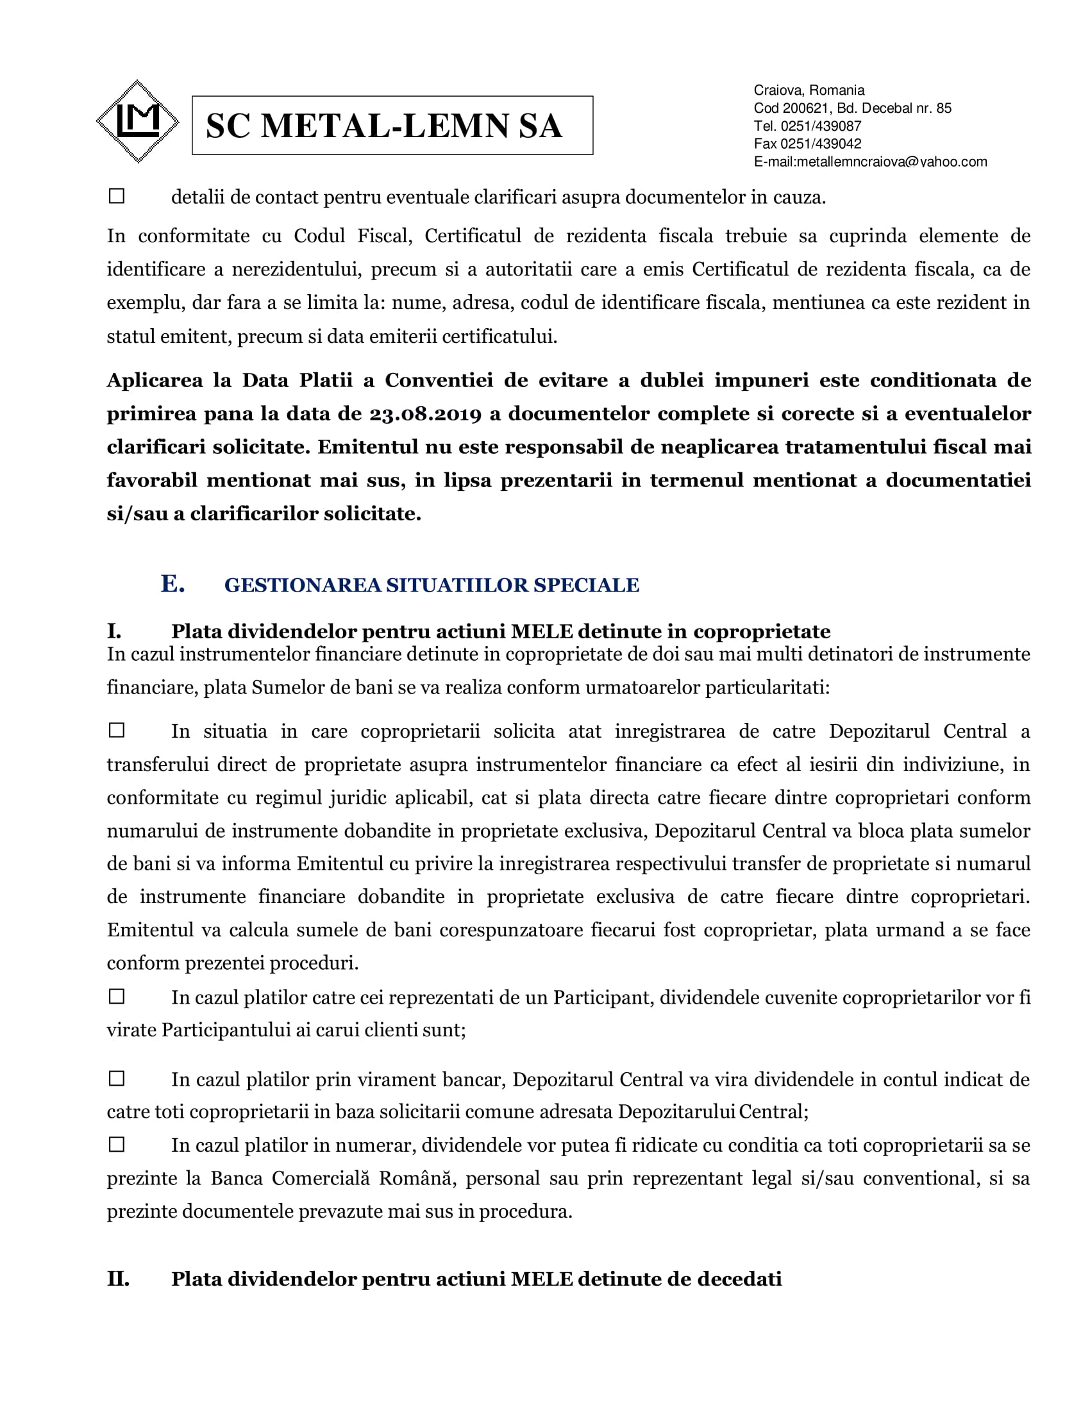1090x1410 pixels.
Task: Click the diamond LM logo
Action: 138,121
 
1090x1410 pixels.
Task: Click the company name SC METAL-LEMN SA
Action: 383,126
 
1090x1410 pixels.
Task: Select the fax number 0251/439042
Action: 821,144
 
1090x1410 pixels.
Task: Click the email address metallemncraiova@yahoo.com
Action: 891,162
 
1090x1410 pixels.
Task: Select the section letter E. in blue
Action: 172,584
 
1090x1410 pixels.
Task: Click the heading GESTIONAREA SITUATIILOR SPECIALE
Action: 432,585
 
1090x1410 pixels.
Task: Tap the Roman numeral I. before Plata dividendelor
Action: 114,631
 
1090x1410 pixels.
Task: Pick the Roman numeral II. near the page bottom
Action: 118,1279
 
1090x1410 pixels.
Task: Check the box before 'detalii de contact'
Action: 117,195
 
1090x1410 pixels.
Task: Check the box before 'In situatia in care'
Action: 117,730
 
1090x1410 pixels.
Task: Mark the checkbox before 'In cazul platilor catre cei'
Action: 117,996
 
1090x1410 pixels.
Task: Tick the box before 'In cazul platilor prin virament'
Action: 117,1078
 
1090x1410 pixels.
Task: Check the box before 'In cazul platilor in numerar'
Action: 117,1145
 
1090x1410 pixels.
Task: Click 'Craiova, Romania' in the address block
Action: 809,90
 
